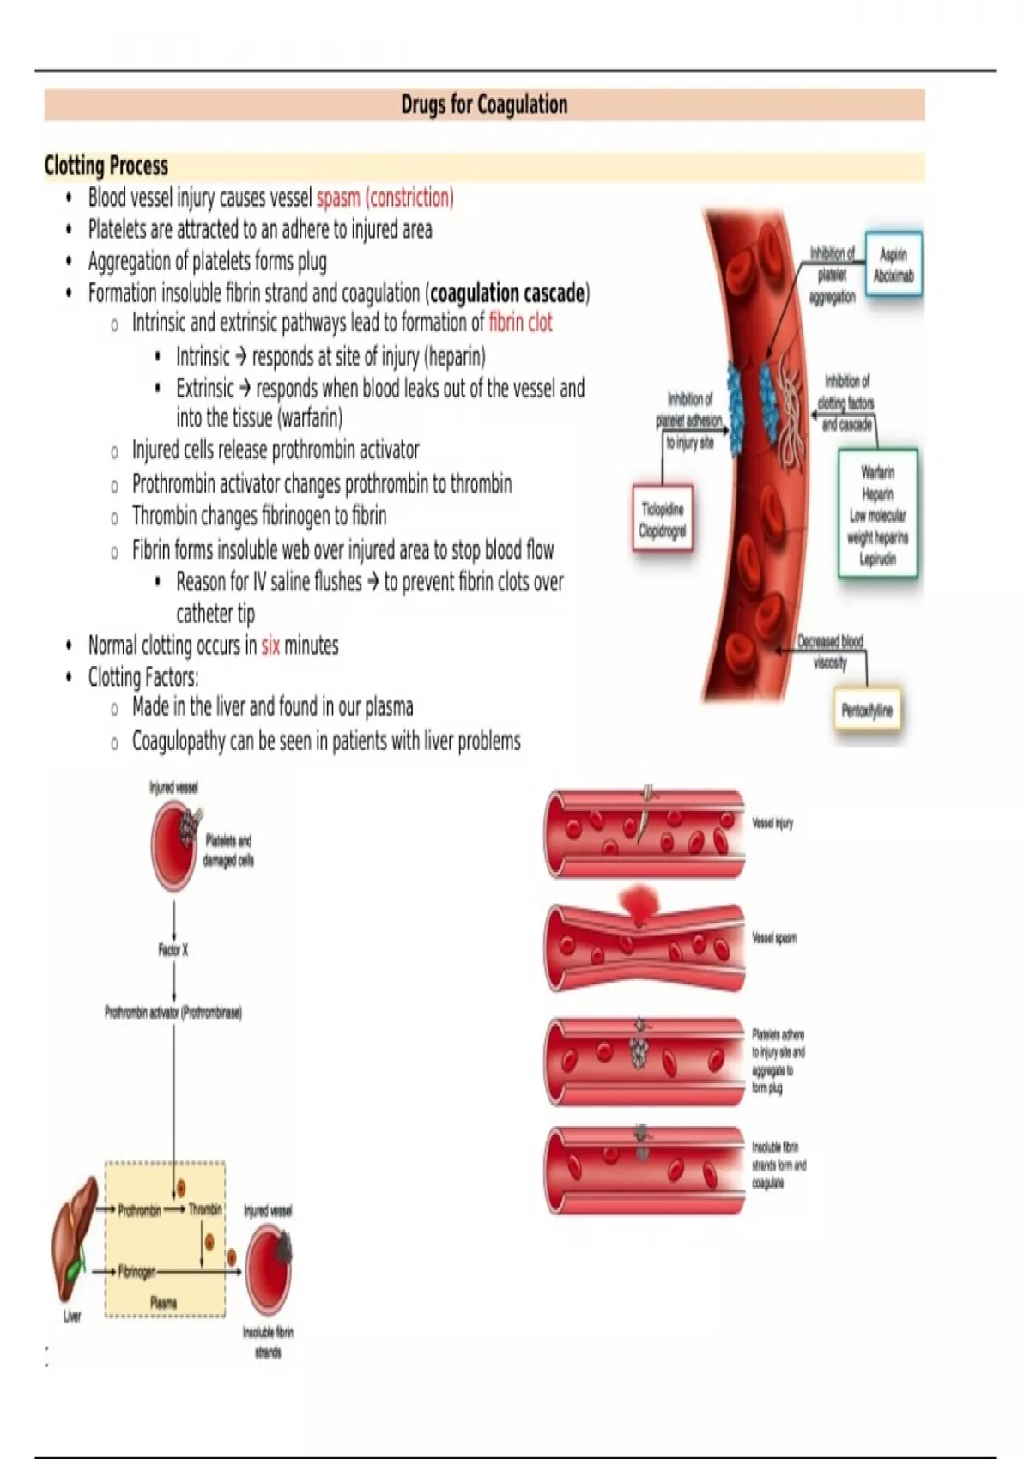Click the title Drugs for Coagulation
click(484, 105)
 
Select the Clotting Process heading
click(106, 166)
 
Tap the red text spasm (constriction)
click(385, 197)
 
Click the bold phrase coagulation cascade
click(507, 293)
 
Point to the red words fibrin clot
click(521, 323)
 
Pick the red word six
click(270, 645)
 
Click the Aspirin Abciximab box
click(894, 264)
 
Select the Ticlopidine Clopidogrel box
click(663, 520)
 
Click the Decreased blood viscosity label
click(830, 651)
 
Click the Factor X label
click(173, 950)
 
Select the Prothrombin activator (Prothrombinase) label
click(173, 1013)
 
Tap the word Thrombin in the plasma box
click(205, 1209)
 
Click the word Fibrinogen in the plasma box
click(136, 1272)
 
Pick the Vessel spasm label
click(774, 938)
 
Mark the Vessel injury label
click(772, 824)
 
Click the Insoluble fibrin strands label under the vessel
click(268, 1342)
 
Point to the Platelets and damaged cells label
click(228, 850)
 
